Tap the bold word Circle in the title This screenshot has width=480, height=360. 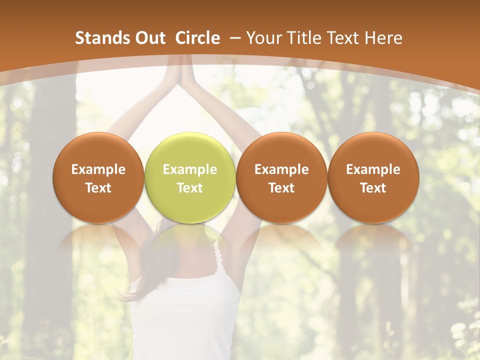click(197, 38)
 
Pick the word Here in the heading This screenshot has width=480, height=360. click(384, 38)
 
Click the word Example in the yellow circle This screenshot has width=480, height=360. click(190, 169)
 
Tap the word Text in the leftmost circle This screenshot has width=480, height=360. click(98, 188)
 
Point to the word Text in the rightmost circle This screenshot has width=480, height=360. click(373, 188)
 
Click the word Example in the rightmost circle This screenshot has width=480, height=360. click(373, 169)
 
